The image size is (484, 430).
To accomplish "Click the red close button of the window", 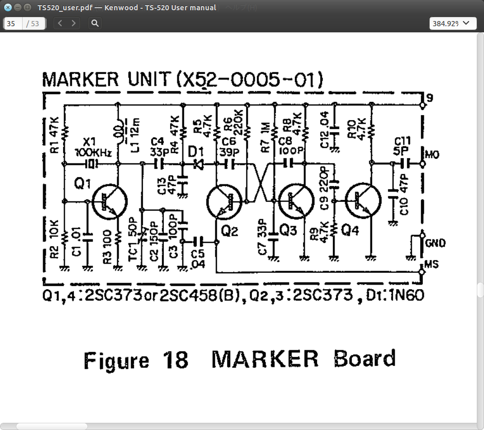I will pos(8,8).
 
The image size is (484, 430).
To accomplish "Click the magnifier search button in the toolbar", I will pos(95,23).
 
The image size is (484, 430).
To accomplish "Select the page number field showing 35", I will pos(12,24).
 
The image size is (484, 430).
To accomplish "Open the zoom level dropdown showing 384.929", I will pos(452,24).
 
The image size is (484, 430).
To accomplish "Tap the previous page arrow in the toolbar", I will pos(61,23).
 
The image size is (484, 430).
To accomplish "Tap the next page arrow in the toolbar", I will pos(74,23).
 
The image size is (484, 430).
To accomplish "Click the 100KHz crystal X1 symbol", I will pos(91,164).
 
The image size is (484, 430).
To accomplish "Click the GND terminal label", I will pos(436,243).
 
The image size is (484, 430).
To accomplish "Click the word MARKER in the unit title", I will pos(81,80).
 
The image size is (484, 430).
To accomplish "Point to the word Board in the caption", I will pos(365,359).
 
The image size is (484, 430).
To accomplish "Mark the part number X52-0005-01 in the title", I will pos(249,80).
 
